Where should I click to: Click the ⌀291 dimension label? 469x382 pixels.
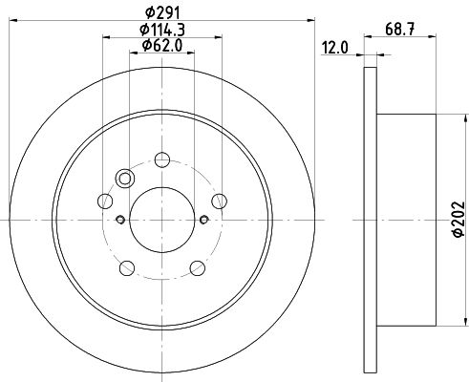162,13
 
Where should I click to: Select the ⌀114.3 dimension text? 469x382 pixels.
162,31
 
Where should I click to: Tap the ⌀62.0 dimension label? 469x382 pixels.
162,46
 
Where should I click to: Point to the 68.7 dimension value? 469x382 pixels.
400,30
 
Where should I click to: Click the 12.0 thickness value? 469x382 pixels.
335,48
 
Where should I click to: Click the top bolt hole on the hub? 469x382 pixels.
162,159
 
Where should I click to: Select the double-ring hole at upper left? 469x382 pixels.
125,179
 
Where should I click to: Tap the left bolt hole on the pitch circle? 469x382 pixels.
105,202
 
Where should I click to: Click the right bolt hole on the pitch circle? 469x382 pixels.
220,202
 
